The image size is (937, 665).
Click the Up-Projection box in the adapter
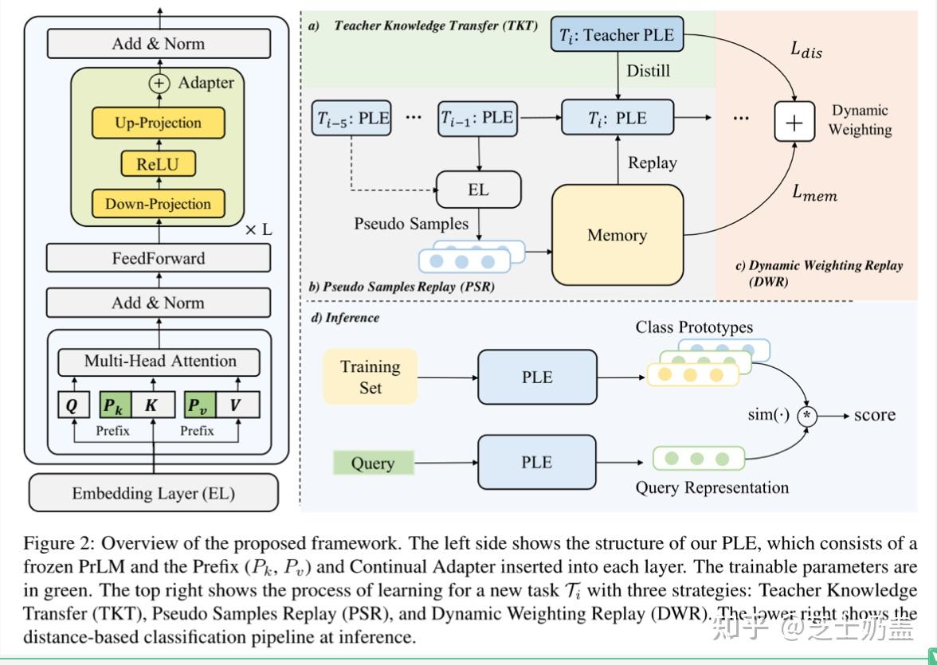[158, 123]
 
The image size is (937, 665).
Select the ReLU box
[158, 164]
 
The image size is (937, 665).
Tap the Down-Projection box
[158, 204]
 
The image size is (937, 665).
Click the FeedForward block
[158, 258]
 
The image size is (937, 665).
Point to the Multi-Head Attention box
[159, 361]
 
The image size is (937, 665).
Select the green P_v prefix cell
[197, 405]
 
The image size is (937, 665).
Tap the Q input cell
[73, 405]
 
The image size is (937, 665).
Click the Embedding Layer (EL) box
[154, 493]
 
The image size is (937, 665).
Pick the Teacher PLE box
[617, 35]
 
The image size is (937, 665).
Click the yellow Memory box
[617, 235]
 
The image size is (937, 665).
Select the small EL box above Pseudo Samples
[478, 190]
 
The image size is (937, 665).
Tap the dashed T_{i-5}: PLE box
[353, 118]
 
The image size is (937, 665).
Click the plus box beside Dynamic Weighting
[794, 122]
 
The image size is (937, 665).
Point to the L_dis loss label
[806, 49]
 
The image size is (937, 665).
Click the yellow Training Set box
[370, 377]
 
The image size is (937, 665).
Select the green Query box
[372, 463]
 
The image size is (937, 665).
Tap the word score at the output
[875, 415]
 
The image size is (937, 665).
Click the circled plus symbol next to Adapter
[160, 83]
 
